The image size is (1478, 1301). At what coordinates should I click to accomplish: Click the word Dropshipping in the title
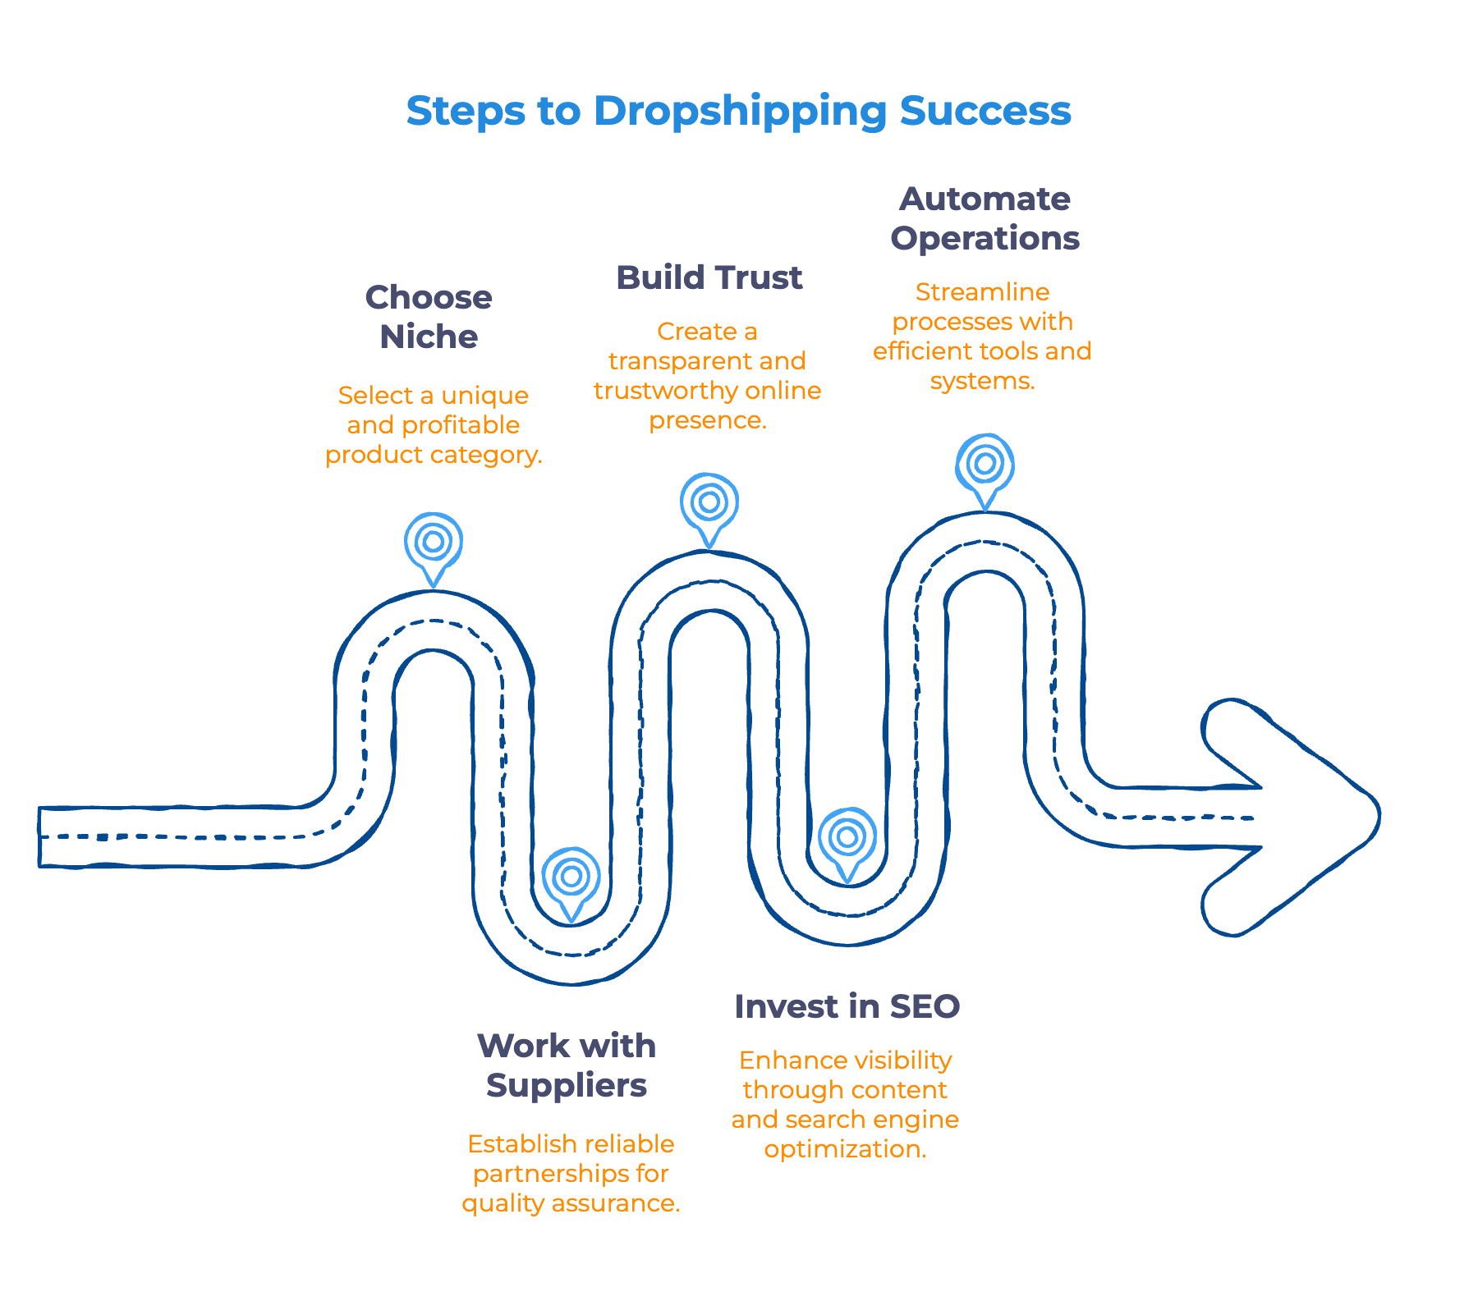point(740,112)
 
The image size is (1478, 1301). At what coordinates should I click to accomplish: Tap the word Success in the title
point(985,111)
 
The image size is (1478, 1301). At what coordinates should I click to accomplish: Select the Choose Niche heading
point(429,317)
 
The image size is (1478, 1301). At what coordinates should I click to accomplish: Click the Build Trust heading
point(709,277)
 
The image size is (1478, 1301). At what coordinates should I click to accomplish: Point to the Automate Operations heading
point(985,218)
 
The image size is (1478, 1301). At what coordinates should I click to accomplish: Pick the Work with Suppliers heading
point(567,1065)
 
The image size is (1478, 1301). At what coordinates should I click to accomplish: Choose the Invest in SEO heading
point(847,1006)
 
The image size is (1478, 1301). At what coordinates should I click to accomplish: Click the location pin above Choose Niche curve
point(434,543)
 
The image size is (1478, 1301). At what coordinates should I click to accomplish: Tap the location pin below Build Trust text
point(709,502)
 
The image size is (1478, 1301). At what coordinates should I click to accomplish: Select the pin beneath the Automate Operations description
point(985,464)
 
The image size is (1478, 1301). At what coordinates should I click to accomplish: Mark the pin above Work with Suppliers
point(571,877)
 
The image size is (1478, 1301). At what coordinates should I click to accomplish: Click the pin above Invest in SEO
point(847,837)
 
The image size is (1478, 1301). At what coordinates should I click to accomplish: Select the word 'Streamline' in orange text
point(982,292)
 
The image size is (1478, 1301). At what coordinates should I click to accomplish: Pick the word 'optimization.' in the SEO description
point(845,1149)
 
